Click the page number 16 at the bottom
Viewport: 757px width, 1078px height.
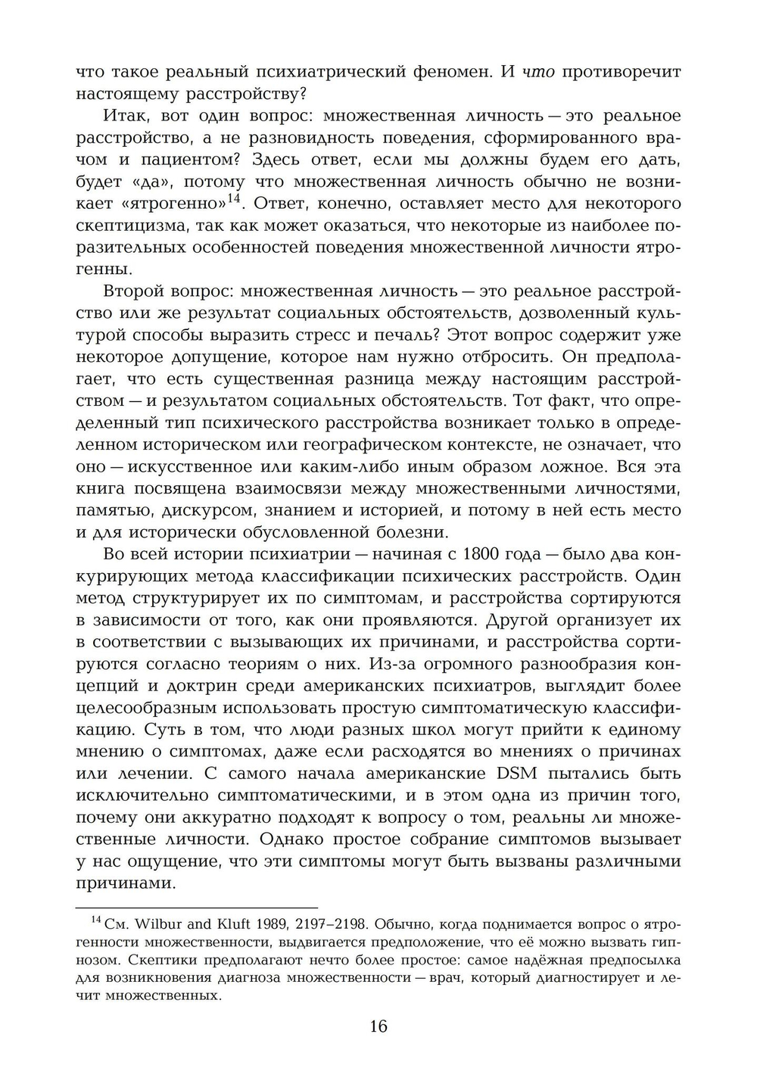pos(378,1027)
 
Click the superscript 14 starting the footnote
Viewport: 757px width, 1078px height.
pos(96,920)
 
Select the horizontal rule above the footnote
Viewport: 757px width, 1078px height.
pos(197,907)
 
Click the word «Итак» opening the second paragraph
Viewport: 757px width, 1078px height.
pos(120,116)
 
